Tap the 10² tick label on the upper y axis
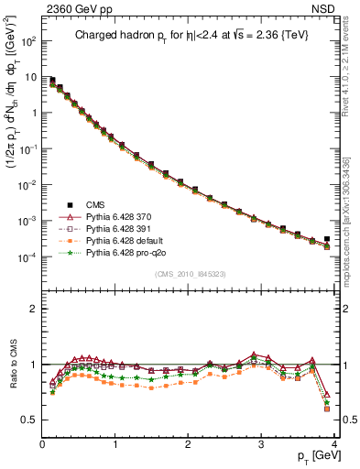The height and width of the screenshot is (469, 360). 27,41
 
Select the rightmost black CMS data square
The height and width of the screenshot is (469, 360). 327,238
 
